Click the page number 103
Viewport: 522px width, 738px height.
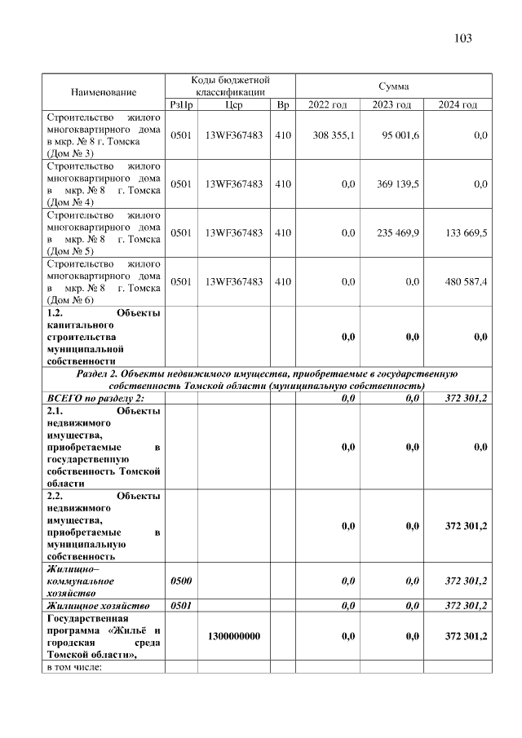point(462,39)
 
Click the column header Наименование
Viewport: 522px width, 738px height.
point(104,92)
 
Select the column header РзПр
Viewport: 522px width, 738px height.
point(181,105)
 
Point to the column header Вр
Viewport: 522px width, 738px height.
point(283,105)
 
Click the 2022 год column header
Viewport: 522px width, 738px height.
point(327,105)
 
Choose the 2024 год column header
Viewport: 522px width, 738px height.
point(458,105)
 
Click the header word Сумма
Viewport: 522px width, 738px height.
point(393,86)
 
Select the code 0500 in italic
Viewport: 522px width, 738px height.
point(181,581)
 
